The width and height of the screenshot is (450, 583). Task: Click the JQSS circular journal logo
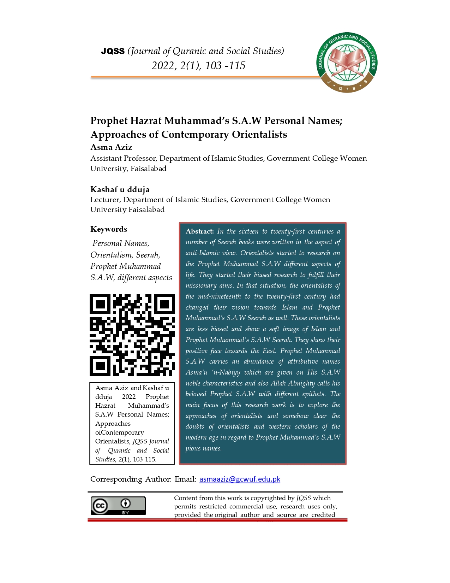(347, 62)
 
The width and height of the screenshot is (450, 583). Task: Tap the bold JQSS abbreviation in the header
(113, 51)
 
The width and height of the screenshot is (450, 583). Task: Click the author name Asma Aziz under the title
(111, 147)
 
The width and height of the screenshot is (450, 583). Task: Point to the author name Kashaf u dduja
(120, 189)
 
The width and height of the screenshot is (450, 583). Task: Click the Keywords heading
(109, 229)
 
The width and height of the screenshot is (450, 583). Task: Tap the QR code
(132, 335)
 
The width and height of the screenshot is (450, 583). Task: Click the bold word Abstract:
(200, 231)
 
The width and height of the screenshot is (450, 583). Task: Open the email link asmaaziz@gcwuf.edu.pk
(240, 479)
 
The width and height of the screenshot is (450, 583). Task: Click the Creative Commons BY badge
(118, 506)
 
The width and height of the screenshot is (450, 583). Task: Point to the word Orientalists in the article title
(259, 135)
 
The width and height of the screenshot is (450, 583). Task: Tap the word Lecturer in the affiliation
(105, 200)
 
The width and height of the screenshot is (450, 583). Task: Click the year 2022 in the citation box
(128, 397)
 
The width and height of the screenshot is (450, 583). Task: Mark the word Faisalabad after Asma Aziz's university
(148, 169)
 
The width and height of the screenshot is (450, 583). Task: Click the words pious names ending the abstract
(203, 448)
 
